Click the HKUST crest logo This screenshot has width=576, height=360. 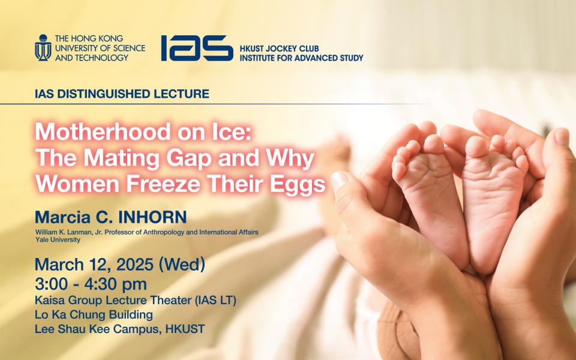pos(43,47)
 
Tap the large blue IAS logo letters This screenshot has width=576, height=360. pos(196,48)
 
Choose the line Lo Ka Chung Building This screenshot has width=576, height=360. pos(94,314)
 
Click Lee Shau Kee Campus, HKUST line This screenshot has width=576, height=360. pos(119,329)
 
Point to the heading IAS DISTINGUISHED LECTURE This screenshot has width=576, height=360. pos(122,94)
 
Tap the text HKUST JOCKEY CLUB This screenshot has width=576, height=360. pos(281,47)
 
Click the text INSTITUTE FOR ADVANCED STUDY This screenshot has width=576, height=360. pos(301,58)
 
